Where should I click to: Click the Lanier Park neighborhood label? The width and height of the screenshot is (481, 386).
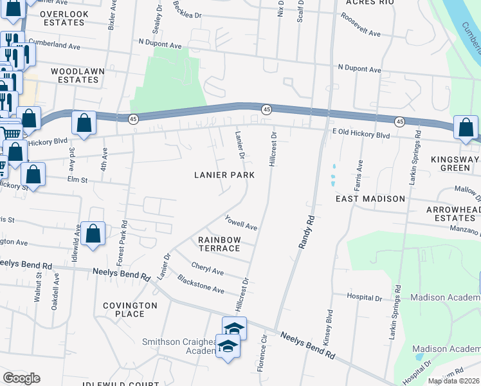coord(224,175)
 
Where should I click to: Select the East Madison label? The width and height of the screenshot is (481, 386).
coord(370,199)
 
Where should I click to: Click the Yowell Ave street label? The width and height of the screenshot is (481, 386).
coord(241,223)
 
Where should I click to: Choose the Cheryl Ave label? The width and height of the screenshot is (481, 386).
coord(206,268)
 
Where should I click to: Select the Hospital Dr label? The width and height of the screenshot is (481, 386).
coord(365,298)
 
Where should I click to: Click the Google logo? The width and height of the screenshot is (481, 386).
coord(21,378)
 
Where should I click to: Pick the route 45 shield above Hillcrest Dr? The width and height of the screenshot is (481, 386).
coord(266,111)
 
